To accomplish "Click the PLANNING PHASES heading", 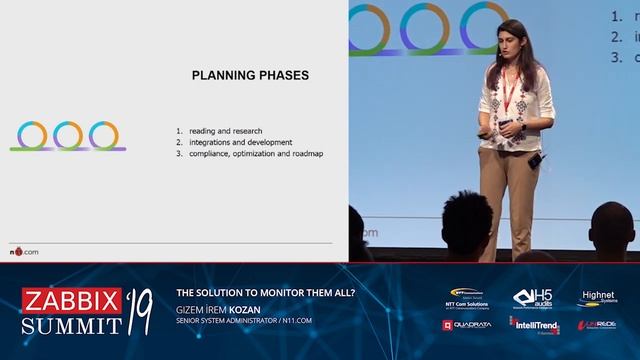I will [x=249, y=75].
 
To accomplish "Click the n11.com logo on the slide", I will [x=24, y=250].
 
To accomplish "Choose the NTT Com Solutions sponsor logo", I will [x=468, y=298].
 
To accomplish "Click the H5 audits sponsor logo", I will [x=532, y=298].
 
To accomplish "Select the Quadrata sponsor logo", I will [x=467, y=325].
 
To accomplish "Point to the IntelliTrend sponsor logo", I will [x=533, y=325].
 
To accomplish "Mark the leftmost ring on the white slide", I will [x=33, y=135].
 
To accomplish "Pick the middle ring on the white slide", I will [x=68, y=135].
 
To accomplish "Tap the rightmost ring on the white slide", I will [x=103, y=135].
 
